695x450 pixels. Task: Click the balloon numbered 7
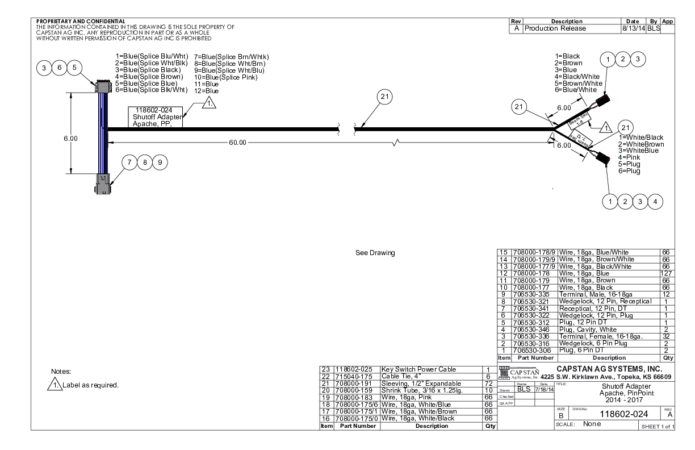pos(129,162)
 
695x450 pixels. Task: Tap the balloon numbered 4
pos(656,200)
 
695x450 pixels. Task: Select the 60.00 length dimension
pos(237,142)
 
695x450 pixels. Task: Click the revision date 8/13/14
pos(632,28)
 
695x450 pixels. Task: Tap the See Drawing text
pos(372,252)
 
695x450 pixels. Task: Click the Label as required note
pos(93,385)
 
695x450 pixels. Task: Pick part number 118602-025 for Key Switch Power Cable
pos(355,369)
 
